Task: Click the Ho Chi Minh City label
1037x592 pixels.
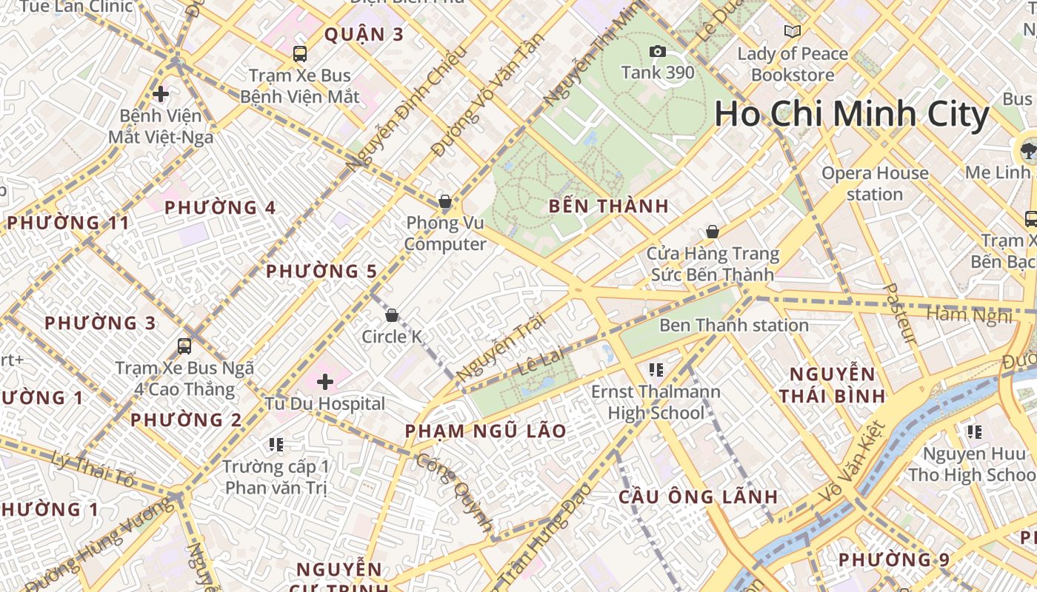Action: [x=852, y=115]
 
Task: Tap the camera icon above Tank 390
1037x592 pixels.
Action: [x=657, y=51]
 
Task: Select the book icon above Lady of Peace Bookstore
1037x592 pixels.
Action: [x=793, y=31]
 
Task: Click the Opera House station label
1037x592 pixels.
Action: [x=875, y=184]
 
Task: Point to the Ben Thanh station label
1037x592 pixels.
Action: [x=733, y=325]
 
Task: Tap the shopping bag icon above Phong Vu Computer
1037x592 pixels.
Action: [x=445, y=201]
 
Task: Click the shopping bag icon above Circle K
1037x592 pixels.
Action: [x=392, y=315]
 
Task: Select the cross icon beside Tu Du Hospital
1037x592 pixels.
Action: [x=325, y=382]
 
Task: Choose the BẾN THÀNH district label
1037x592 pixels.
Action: [x=609, y=206]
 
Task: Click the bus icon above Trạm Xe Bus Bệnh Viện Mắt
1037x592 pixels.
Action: [x=299, y=53]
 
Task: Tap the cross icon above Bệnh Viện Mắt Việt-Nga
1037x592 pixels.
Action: [x=161, y=94]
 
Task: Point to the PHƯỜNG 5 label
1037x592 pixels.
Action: [x=321, y=272]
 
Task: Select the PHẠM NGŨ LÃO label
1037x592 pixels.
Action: [x=485, y=431]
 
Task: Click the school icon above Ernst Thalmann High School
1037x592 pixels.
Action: [x=656, y=369]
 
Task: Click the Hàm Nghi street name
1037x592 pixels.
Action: [x=968, y=315]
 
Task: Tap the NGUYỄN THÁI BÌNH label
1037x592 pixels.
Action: [x=833, y=385]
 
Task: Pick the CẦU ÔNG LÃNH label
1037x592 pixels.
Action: [x=698, y=497]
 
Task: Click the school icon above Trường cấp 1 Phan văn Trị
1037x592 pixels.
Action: [x=276, y=444]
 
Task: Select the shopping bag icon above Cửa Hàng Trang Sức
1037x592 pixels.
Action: [x=713, y=232]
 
